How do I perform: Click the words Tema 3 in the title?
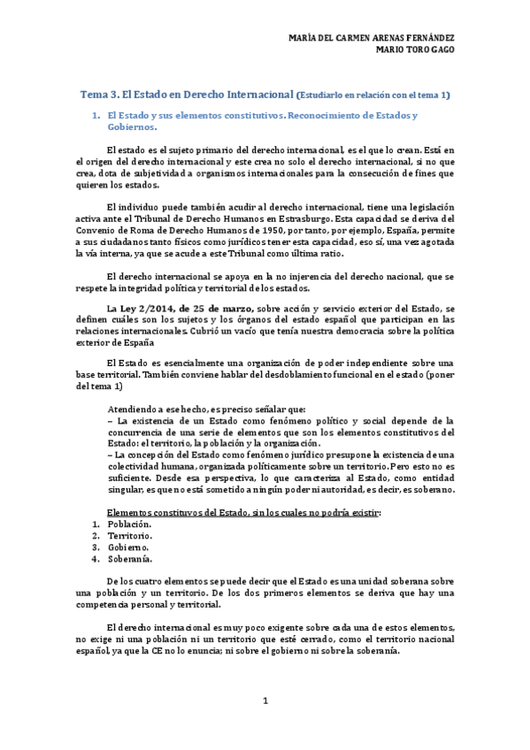[99, 93]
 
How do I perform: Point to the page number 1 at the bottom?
[265, 701]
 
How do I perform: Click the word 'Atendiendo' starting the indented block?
[134, 409]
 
